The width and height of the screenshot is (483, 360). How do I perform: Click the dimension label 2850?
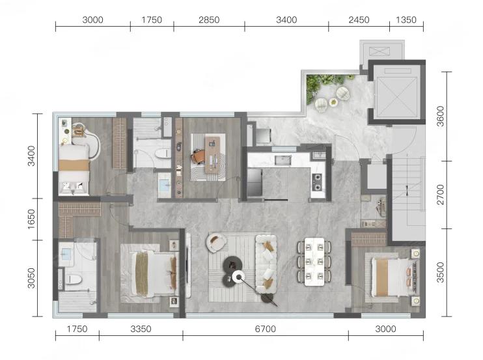(x=209, y=20)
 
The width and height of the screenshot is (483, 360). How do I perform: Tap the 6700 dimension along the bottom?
(x=265, y=329)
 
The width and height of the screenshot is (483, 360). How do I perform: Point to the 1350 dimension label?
(x=406, y=20)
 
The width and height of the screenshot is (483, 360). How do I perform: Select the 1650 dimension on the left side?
(x=31, y=219)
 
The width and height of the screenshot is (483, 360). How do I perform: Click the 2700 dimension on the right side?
(x=441, y=194)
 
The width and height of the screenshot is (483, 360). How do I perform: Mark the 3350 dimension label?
(x=141, y=329)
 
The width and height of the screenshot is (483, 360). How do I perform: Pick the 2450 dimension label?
(x=359, y=20)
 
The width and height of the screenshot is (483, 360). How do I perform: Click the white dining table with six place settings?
(x=314, y=262)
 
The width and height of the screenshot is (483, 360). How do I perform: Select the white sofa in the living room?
(x=266, y=264)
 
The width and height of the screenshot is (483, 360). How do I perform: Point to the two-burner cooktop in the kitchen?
(x=317, y=182)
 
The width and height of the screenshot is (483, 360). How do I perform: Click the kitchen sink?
(x=283, y=160)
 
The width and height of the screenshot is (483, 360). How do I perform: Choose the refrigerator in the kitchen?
(x=255, y=182)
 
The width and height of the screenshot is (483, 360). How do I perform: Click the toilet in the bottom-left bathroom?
(x=74, y=280)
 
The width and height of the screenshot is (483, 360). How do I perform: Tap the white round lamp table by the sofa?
(x=238, y=277)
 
